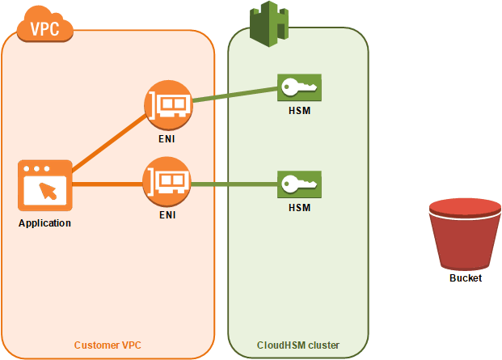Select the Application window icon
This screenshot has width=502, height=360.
pos(44,185)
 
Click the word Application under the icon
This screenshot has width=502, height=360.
pos(44,223)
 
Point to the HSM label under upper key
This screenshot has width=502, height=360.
pos(299,110)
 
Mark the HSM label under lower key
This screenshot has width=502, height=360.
pos(299,208)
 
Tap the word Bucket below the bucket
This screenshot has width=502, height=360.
pos(465,278)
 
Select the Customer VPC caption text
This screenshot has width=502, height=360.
pos(108,345)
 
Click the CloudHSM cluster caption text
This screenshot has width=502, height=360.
pos(298,345)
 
